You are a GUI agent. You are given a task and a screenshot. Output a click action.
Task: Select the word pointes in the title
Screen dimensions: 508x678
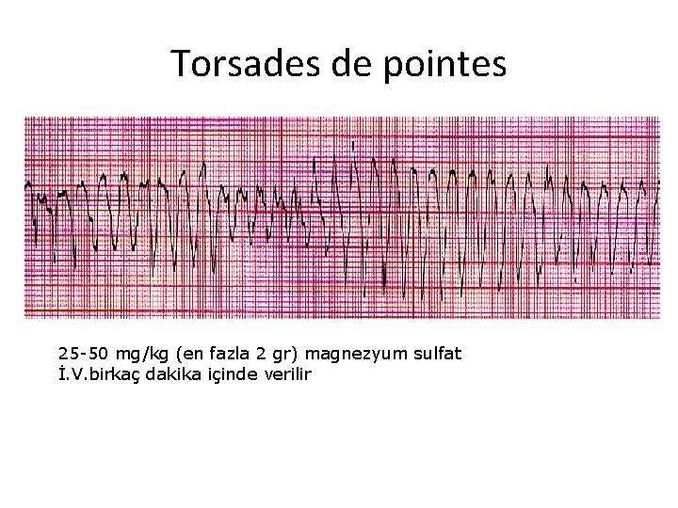click(x=448, y=64)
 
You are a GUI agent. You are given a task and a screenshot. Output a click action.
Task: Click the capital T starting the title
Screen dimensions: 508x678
click(x=180, y=64)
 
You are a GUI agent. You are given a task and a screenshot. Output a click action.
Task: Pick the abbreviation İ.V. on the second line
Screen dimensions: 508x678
click(x=72, y=373)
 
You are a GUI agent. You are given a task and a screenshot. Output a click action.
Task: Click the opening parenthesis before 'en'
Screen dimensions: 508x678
click(x=170, y=354)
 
